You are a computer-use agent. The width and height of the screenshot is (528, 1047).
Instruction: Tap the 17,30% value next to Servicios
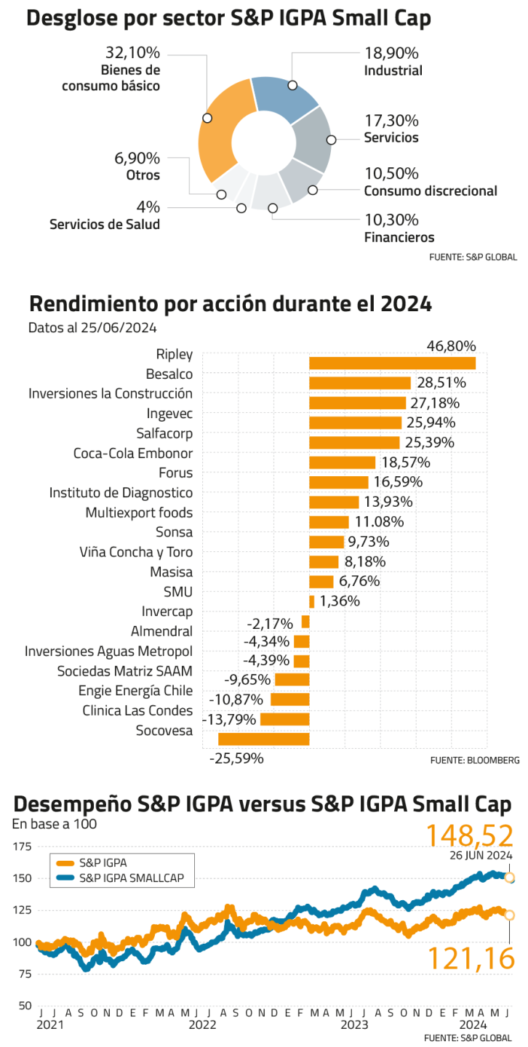coord(391,121)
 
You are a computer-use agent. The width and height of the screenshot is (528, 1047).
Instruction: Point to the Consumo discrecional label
coord(431,191)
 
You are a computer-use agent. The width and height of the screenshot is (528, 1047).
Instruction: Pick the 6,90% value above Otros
coord(137,159)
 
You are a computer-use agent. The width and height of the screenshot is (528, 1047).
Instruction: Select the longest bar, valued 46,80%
coord(393,363)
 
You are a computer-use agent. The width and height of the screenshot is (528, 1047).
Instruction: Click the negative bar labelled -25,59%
coord(264,739)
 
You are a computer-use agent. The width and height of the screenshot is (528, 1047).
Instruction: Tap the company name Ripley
coord(175,355)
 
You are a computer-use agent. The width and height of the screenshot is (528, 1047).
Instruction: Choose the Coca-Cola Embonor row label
coord(133,454)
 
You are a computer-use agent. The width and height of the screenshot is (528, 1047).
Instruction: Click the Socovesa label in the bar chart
coord(164,731)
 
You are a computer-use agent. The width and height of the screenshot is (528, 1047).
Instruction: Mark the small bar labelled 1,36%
coord(312,601)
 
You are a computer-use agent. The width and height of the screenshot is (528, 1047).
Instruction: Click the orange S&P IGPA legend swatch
coord(65,863)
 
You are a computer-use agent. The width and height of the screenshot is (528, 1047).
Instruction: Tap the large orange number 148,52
coord(470,835)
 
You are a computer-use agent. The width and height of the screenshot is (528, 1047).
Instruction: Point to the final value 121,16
coord(471,958)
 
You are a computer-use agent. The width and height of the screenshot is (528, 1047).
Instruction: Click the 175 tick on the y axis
coord(23,846)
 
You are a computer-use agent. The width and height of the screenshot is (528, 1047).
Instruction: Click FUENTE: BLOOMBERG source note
coord(474,761)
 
